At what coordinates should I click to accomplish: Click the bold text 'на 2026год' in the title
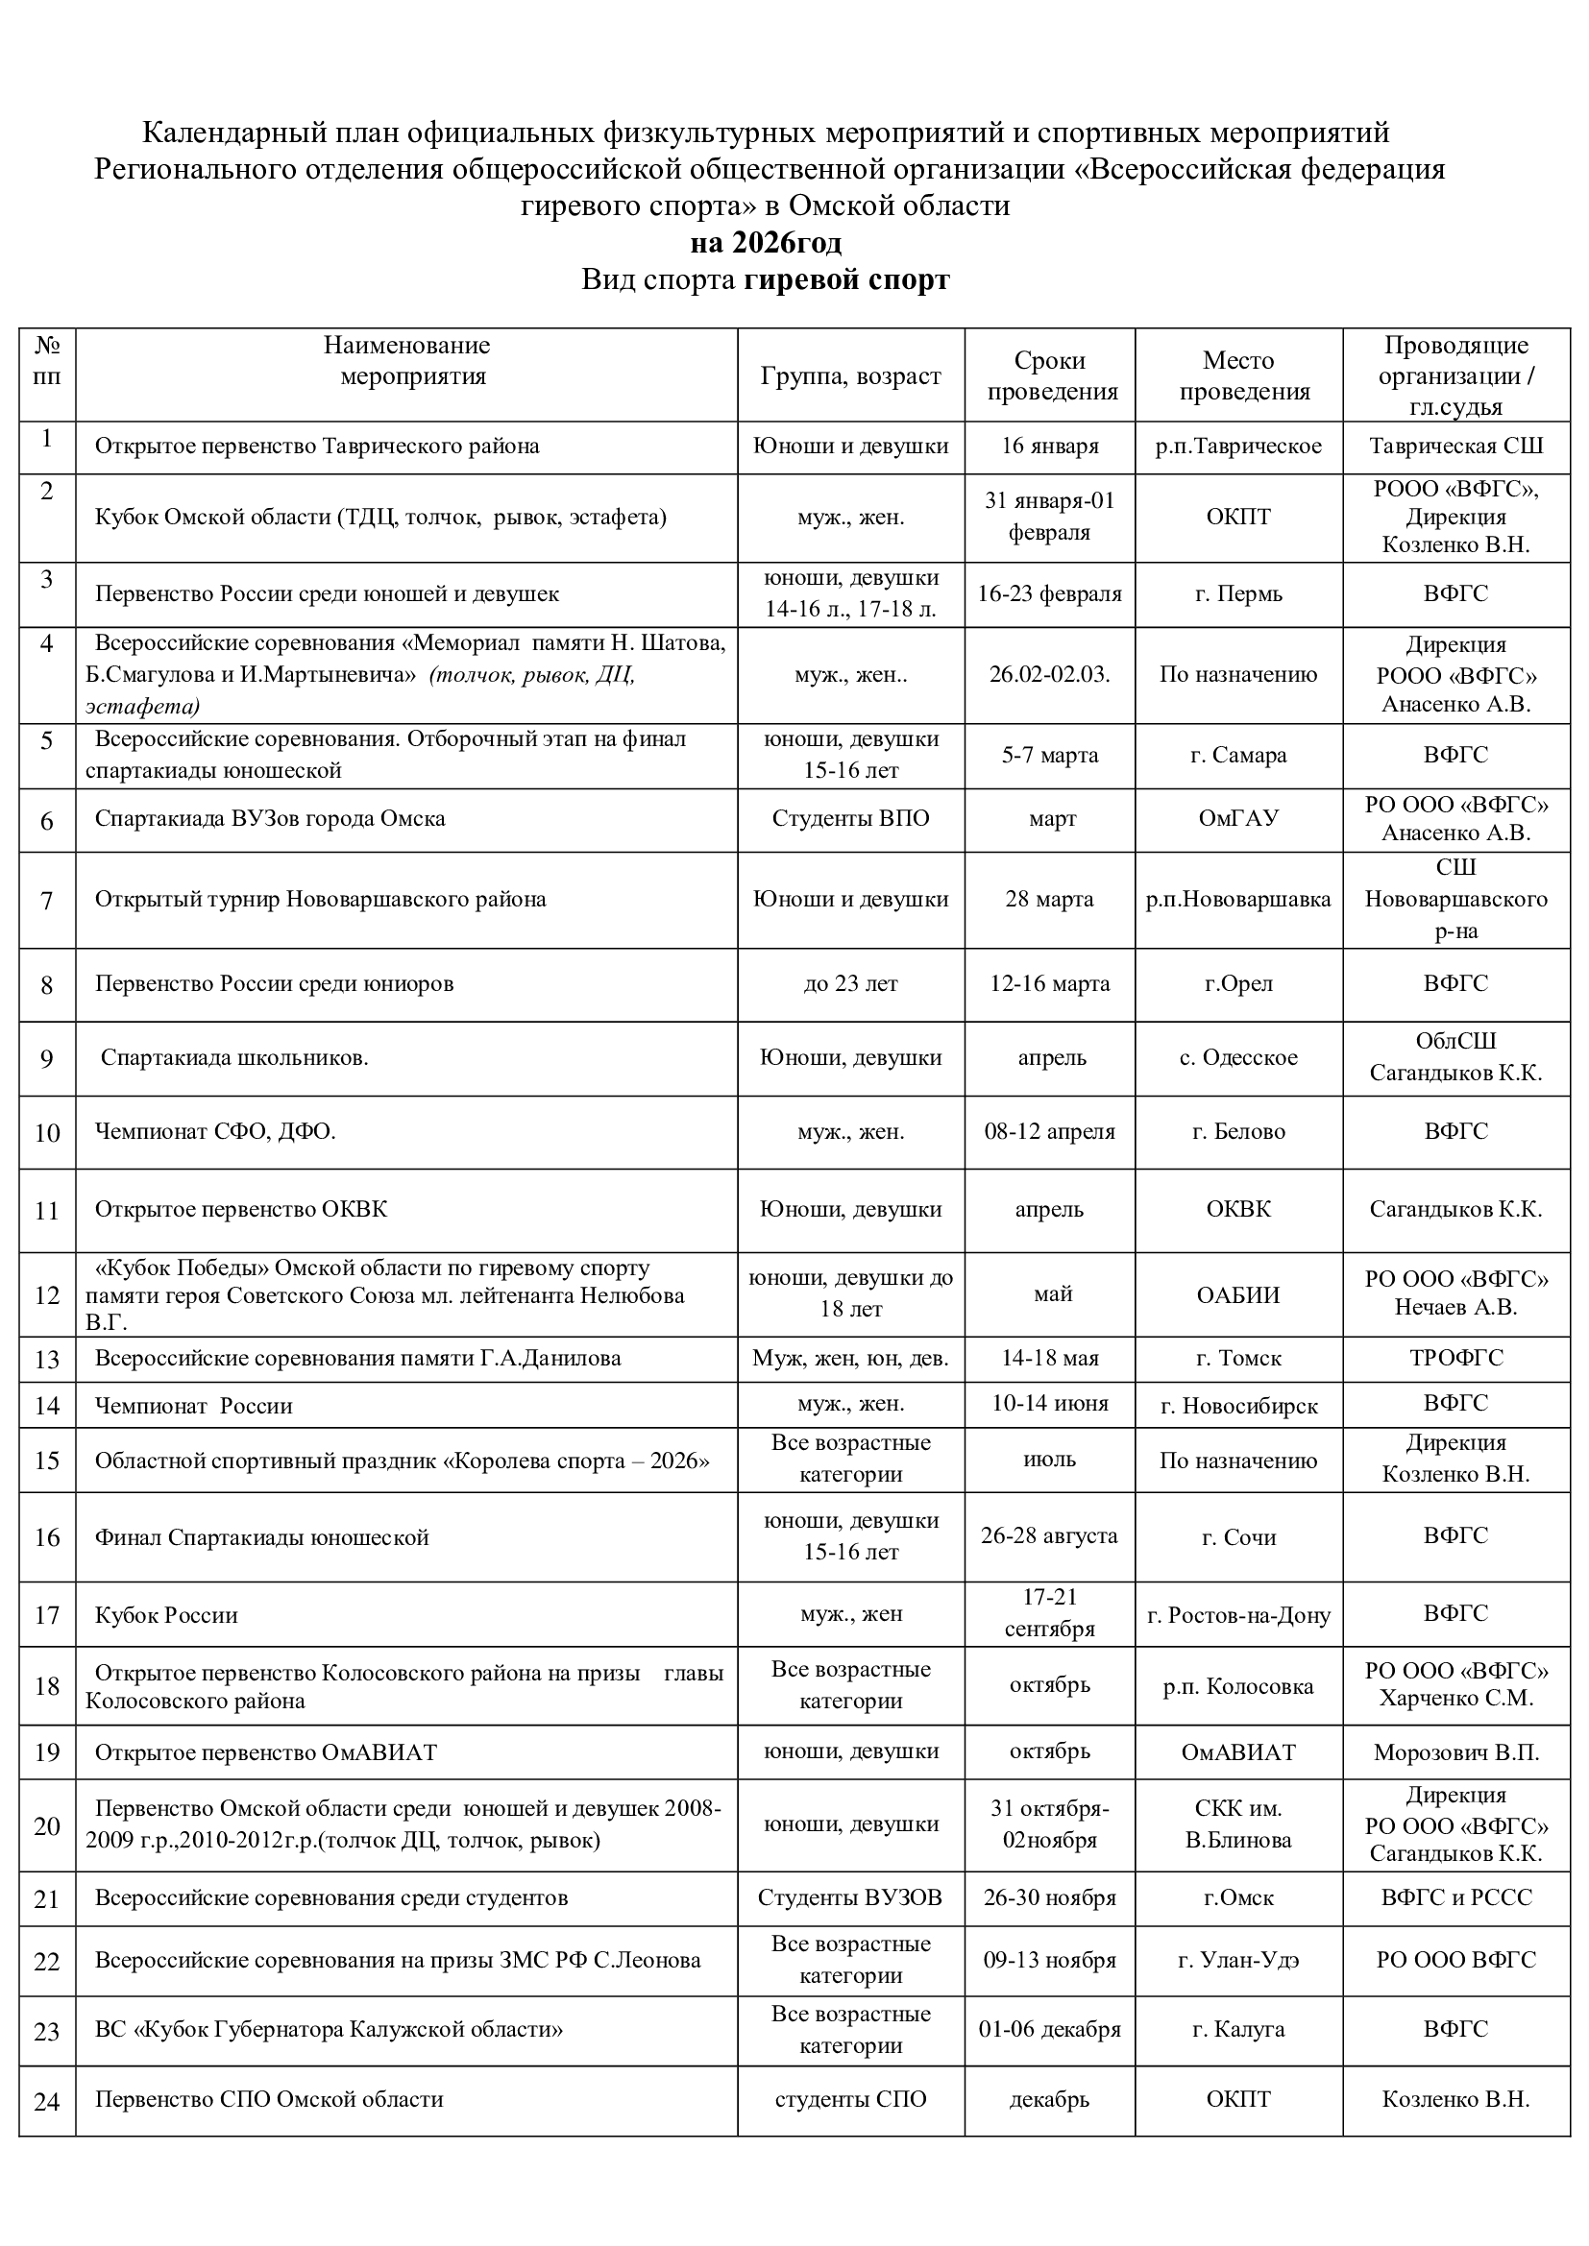765,243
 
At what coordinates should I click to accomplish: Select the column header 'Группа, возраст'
850,376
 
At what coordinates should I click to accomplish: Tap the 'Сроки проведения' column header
1051,376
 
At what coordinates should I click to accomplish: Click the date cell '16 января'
1050,447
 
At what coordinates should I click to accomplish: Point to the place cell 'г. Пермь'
1238,593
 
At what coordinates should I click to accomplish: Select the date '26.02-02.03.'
1050,674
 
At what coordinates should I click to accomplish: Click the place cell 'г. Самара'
1238,755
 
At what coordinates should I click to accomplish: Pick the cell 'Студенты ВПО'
850,819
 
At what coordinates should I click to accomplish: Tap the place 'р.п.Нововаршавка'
1238,899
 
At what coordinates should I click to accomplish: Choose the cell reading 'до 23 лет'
850,984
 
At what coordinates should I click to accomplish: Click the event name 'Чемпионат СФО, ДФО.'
215,1132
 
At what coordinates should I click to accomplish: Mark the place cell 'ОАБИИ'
1238,1295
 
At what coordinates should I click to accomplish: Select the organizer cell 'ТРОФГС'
1455,1358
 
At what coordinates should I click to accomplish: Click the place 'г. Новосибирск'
1238,1407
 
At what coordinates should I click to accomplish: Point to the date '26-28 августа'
1050,1535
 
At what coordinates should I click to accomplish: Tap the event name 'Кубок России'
166,1615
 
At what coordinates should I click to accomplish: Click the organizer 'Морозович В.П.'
1455,1752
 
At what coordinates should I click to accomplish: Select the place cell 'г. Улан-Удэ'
1238,1961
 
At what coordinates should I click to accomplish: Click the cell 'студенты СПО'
850,2099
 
